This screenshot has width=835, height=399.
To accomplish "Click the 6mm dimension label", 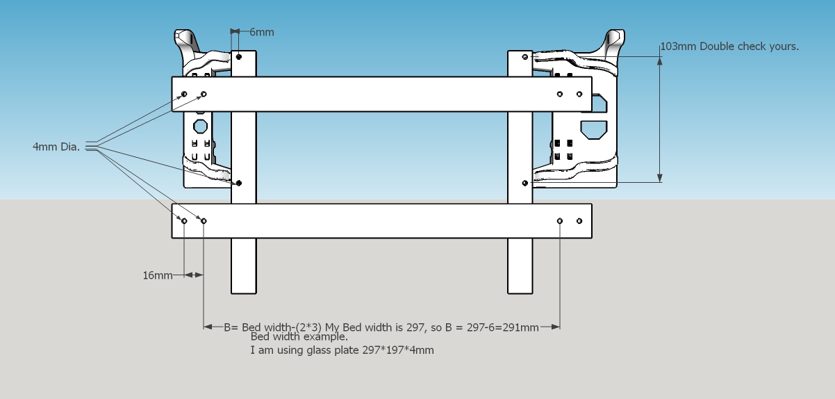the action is (262, 33).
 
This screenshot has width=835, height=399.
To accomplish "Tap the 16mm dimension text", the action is (158, 275).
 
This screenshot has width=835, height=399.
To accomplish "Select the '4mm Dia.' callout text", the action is (56, 147).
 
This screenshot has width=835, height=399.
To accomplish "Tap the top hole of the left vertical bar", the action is (239, 57).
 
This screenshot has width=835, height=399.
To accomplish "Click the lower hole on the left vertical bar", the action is (239, 183).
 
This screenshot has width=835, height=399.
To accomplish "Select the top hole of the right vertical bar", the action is (525, 57).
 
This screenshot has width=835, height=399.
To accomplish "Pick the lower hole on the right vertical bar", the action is (525, 183).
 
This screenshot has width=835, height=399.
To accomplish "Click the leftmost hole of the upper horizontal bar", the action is (184, 94).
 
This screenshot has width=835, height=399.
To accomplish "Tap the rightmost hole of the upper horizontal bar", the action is (579, 94).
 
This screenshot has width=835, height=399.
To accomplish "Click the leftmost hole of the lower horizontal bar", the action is (184, 221).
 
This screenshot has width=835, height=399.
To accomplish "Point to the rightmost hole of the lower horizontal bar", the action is (579, 221).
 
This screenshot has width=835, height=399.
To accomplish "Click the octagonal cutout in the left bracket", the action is (201, 127).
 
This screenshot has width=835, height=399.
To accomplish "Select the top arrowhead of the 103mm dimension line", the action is (660, 61).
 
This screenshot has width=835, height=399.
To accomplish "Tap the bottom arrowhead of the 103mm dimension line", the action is (660, 178).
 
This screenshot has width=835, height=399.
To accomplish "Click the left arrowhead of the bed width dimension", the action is (208, 327).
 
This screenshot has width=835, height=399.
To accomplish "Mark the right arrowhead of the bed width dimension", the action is (556, 327).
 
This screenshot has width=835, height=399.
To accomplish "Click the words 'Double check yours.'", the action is (750, 47).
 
